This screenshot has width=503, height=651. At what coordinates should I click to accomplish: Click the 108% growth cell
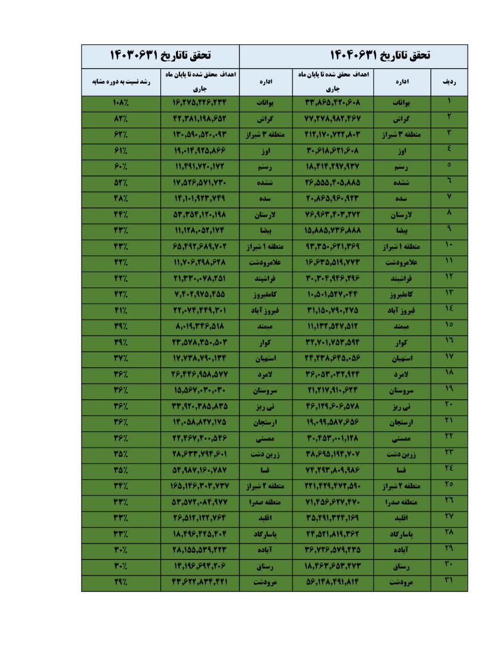(121, 103)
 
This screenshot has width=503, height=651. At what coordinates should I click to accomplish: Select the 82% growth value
(121, 119)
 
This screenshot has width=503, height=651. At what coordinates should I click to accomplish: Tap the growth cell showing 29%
(121, 582)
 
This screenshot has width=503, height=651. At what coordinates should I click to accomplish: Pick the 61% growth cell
(121, 151)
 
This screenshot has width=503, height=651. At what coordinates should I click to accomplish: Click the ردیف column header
(449, 81)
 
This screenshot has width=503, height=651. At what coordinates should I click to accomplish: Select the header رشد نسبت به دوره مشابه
(121, 81)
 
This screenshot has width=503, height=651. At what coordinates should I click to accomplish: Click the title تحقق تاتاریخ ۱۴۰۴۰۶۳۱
(380, 55)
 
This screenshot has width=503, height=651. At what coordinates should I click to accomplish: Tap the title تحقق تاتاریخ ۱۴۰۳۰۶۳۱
(161, 55)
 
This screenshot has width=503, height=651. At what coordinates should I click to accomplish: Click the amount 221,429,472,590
(333, 486)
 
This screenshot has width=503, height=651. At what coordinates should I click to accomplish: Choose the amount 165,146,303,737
(200, 486)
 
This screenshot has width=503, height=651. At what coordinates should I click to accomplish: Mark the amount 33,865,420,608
(333, 103)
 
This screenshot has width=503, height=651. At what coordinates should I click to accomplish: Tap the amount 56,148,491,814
(333, 582)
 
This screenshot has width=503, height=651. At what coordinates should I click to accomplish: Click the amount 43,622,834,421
(200, 582)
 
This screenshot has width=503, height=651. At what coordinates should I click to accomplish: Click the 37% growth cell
(121, 359)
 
